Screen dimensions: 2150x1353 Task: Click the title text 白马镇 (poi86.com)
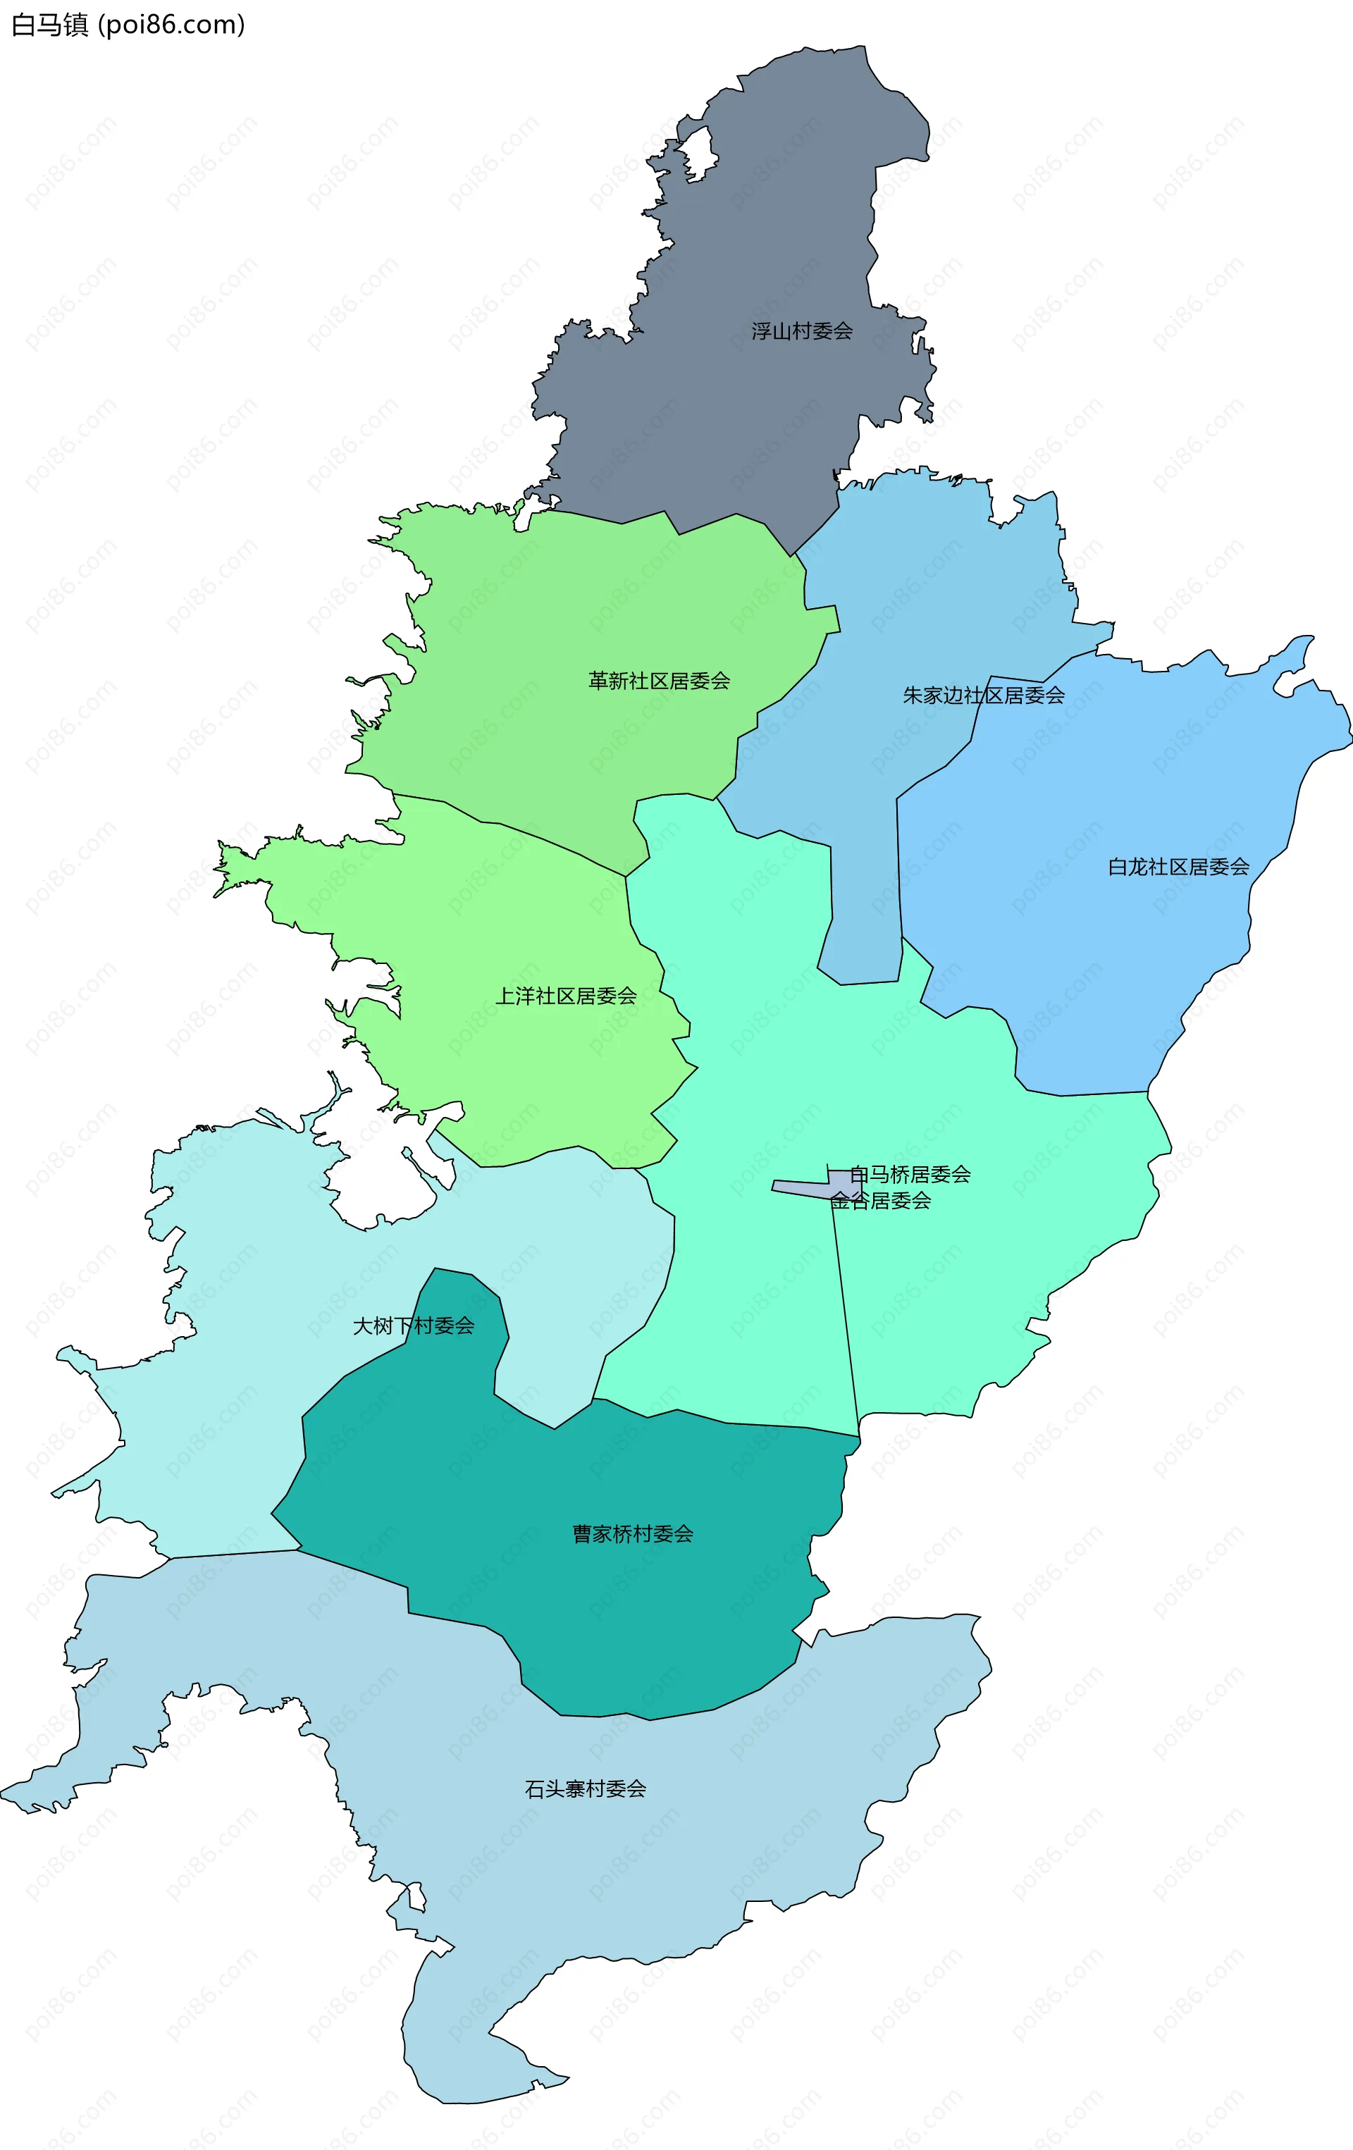click(128, 24)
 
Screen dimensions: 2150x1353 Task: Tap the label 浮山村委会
click(801, 331)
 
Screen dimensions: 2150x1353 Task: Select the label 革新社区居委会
click(659, 681)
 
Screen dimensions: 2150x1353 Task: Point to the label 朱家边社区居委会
click(983, 695)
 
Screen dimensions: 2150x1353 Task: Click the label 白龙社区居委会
click(1178, 866)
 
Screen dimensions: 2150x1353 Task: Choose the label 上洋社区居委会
click(565, 996)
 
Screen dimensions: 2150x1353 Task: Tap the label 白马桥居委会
click(909, 1174)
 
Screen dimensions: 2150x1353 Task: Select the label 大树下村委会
click(414, 1326)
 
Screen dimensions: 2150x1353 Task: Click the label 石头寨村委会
click(585, 1788)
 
